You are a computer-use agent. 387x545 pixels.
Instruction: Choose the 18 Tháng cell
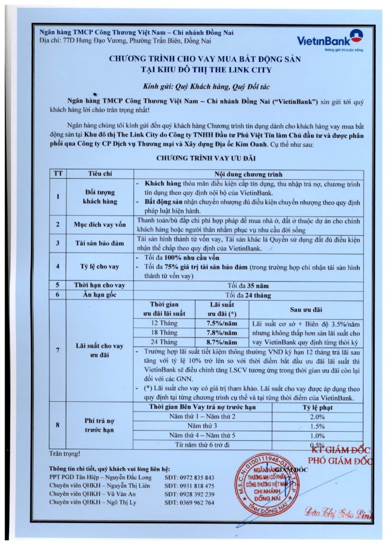164,333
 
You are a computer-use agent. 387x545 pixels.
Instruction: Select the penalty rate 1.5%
317,426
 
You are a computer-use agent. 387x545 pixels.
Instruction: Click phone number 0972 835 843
189,478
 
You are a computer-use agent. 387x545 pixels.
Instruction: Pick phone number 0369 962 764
189,502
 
